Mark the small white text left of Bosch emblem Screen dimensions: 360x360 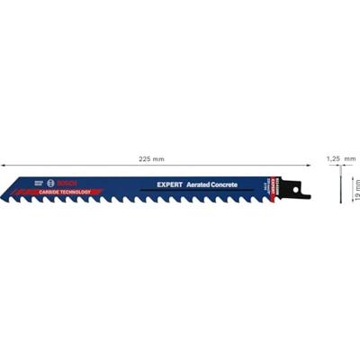tap(39, 181)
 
